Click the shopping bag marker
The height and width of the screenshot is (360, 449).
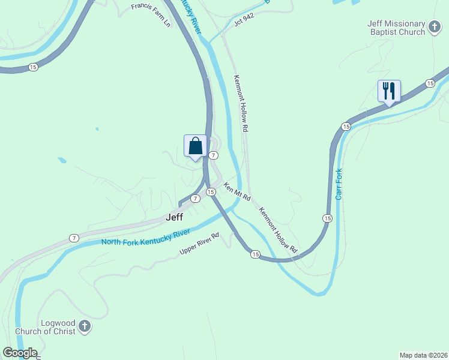tap(195, 146)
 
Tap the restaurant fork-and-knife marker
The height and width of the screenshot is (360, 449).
tap(388, 91)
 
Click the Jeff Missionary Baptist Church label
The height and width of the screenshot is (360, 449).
tap(396, 28)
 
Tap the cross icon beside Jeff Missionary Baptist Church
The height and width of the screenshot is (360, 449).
tap(434, 27)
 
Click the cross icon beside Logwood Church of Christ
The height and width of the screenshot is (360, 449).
tap(85, 326)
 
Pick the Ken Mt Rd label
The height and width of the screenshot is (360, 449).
tap(237, 193)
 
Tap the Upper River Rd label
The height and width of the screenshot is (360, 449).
tap(199, 244)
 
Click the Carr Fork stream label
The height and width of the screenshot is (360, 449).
tap(339, 184)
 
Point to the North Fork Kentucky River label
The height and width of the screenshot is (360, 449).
tap(146, 236)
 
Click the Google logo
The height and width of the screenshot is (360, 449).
tap(20, 353)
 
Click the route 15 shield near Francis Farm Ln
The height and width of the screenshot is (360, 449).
tap(32, 67)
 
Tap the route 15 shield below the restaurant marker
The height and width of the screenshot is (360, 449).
tap(346, 127)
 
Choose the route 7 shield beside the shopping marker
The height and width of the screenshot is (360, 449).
tap(214, 155)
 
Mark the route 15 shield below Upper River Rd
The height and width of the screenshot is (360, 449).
tap(255, 255)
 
